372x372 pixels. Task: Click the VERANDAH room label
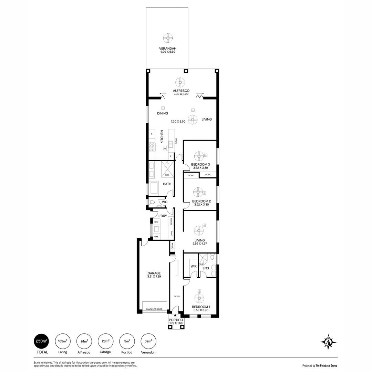(167, 48)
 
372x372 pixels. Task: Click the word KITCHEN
(162, 136)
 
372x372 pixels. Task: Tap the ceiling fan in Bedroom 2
(199, 192)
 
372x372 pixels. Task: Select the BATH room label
(167, 184)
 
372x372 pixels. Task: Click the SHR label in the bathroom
(167, 175)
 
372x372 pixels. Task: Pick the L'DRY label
(163, 216)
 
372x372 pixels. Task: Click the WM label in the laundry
(156, 237)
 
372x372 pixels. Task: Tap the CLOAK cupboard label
(172, 246)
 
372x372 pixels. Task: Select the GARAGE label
(154, 273)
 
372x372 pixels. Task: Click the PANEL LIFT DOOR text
(154, 309)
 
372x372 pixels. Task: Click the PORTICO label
(176, 320)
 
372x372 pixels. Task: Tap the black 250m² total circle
(41, 341)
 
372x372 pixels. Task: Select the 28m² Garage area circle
(105, 341)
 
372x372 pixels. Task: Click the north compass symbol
(328, 342)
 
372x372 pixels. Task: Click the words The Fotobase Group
(326, 366)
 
